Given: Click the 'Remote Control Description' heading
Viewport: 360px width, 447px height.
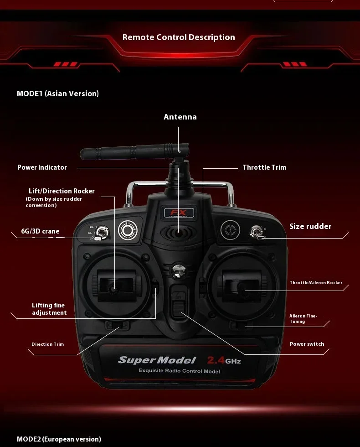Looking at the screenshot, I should pyautogui.click(x=179, y=37).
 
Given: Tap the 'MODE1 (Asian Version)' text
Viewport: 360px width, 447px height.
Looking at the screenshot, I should pyautogui.click(x=58, y=94).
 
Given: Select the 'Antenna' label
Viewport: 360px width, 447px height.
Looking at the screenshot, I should pyautogui.click(x=180, y=117).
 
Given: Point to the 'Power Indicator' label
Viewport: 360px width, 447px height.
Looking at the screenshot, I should pyautogui.click(x=42, y=167).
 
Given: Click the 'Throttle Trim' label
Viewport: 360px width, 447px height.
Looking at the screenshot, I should pyautogui.click(x=264, y=167).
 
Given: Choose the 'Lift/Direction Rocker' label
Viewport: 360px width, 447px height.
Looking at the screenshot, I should pyautogui.click(x=62, y=191).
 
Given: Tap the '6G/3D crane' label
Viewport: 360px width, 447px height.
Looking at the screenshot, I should pyautogui.click(x=40, y=231).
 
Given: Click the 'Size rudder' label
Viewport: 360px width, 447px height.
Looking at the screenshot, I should pyautogui.click(x=310, y=226).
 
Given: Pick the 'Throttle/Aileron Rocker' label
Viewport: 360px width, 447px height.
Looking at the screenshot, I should pyautogui.click(x=316, y=283).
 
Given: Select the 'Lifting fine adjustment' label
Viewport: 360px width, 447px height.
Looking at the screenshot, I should pyautogui.click(x=49, y=309).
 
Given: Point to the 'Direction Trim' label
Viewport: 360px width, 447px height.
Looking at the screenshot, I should pyautogui.click(x=48, y=344).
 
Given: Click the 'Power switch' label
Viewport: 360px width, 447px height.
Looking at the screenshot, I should pyautogui.click(x=307, y=344).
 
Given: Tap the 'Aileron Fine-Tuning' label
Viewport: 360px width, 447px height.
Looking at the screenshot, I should pyautogui.click(x=303, y=318).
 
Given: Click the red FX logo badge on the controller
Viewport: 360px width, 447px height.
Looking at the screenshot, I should pyautogui.click(x=179, y=213).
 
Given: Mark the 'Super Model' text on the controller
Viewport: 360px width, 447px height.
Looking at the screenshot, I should pyautogui.click(x=157, y=360).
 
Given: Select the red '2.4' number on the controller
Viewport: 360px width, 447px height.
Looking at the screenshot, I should pyautogui.click(x=216, y=360).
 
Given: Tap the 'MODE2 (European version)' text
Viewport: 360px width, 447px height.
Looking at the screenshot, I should pyautogui.click(x=59, y=439).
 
